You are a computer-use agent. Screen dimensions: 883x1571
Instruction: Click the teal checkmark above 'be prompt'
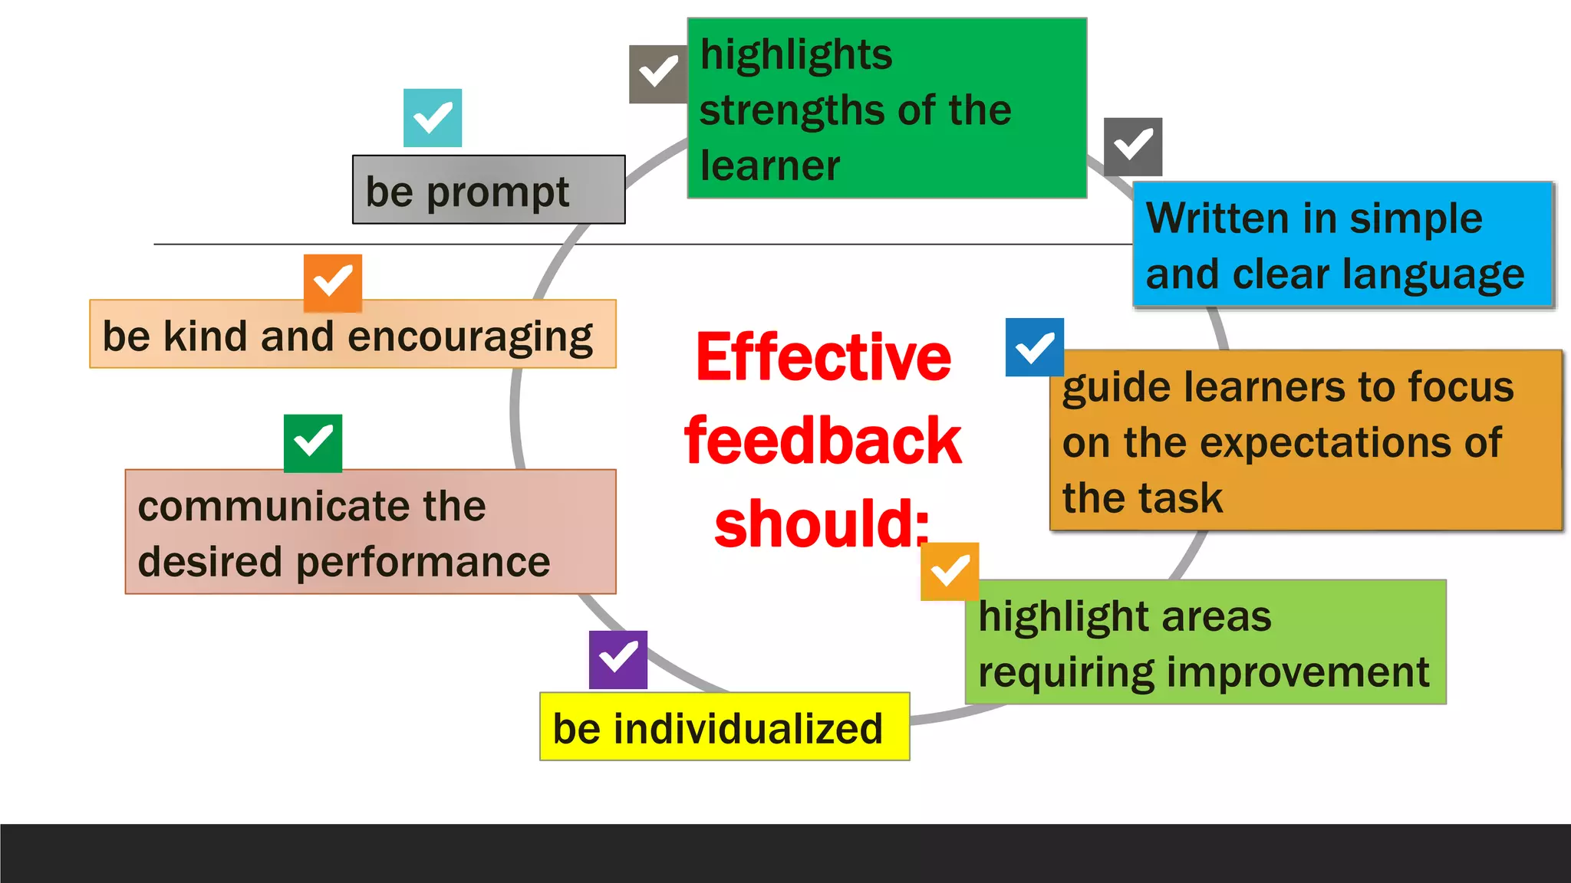(x=433, y=118)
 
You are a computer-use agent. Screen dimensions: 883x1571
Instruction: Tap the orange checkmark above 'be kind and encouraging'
(x=333, y=283)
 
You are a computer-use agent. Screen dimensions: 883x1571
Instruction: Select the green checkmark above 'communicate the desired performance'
(x=313, y=443)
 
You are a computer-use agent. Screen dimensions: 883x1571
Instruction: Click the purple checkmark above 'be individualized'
(x=618, y=659)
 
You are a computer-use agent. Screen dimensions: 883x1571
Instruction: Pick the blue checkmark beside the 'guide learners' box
(x=1035, y=347)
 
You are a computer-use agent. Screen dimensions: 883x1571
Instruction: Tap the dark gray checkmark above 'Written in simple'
(x=1133, y=146)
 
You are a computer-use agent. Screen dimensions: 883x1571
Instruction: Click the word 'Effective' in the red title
(x=823, y=358)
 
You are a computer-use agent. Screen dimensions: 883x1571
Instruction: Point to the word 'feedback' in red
(x=823, y=441)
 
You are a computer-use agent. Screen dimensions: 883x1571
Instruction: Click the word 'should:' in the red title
(x=822, y=524)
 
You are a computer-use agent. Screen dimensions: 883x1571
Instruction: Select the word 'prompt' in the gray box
(x=498, y=192)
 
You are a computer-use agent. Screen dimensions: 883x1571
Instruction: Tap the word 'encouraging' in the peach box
(x=470, y=337)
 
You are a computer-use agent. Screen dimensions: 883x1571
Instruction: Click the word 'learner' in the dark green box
(x=770, y=166)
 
